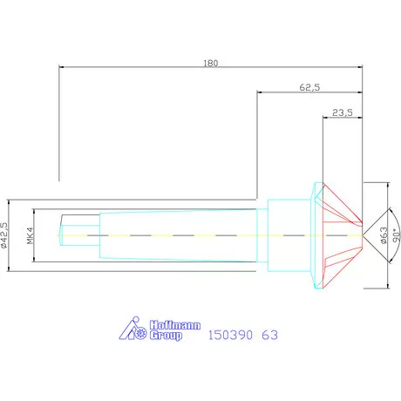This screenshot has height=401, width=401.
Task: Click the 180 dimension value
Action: click(210, 62)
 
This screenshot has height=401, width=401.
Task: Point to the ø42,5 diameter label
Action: click(7, 235)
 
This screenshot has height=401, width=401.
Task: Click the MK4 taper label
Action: click(30, 235)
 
